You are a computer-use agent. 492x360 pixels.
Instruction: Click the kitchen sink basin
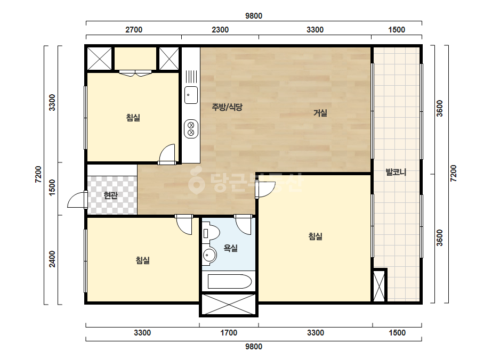(x=191, y=95)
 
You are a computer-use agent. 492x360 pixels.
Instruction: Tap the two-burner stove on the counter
(x=191, y=128)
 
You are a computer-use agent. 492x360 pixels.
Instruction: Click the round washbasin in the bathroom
(x=209, y=255)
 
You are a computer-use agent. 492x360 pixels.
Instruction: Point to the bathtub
(x=230, y=282)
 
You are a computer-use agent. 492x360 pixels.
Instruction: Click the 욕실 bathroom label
(x=230, y=248)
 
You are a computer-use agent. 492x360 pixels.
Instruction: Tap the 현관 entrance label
(x=111, y=195)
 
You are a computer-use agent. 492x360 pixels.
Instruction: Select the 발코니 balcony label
(x=396, y=172)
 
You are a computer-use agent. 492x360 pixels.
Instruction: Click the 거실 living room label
(x=320, y=113)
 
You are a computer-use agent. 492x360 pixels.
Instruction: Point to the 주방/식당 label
(x=227, y=107)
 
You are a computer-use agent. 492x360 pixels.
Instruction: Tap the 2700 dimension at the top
(x=134, y=30)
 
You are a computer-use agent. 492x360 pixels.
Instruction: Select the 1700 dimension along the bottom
(x=229, y=333)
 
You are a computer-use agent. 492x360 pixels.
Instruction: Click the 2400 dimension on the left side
(x=52, y=259)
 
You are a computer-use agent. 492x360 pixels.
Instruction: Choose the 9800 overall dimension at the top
(x=254, y=16)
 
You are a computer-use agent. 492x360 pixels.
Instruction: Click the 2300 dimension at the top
(x=220, y=30)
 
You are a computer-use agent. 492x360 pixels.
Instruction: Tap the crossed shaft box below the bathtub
(x=229, y=304)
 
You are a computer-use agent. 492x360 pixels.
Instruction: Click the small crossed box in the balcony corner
(x=380, y=285)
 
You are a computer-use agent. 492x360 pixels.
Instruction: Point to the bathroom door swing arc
(x=244, y=226)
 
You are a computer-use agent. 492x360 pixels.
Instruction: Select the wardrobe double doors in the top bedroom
(x=135, y=73)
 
